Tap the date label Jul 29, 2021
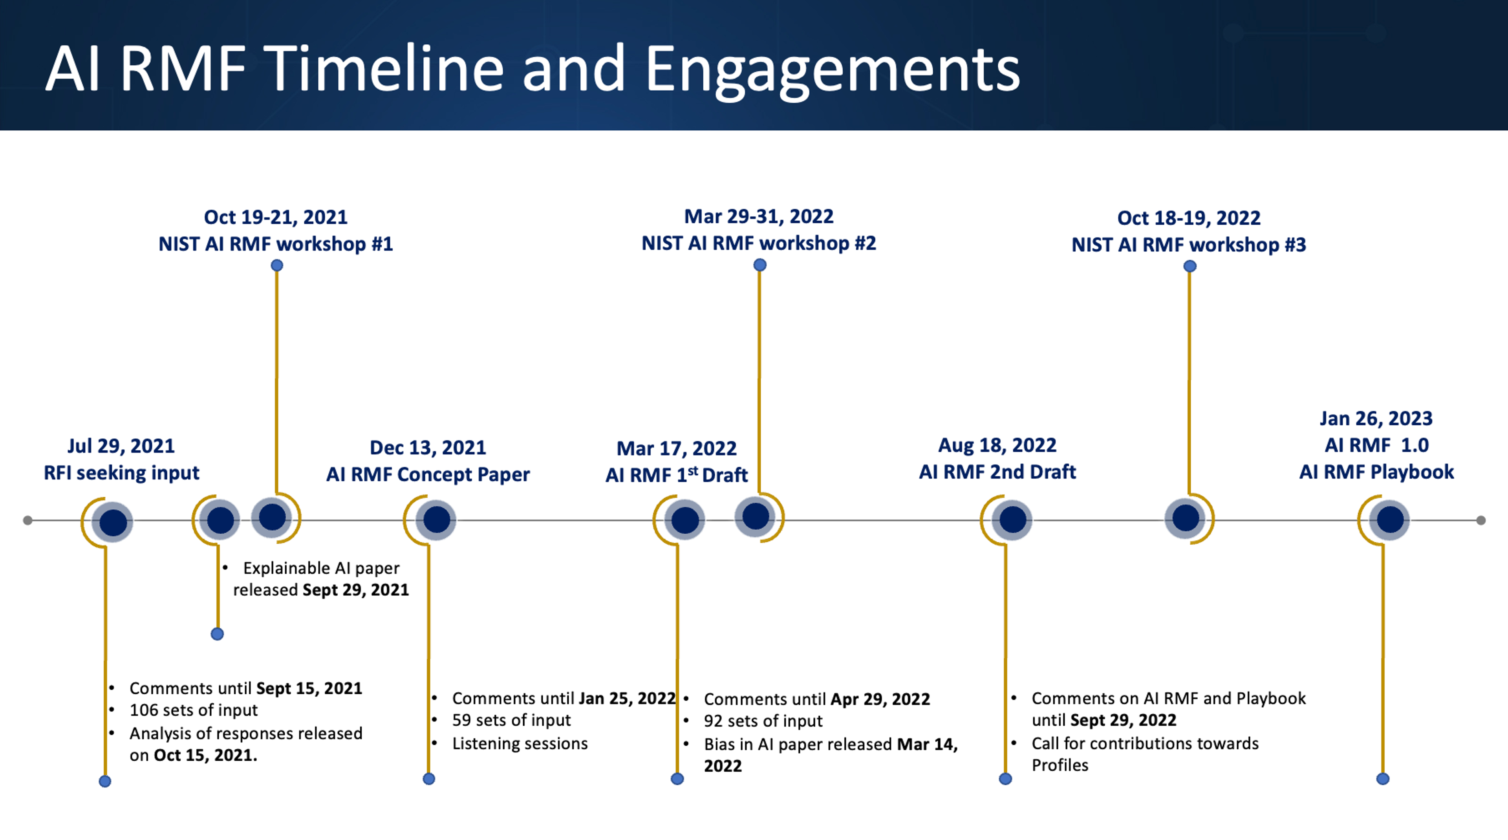point(121,446)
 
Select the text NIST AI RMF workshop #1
point(276,244)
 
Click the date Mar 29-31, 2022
point(759,217)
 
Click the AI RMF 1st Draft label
point(676,475)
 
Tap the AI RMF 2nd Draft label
point(997,472)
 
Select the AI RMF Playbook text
point(1376,472)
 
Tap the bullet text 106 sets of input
point(193,710)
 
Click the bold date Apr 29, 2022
point(880,699)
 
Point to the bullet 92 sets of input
point(763,721)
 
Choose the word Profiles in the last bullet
point(1060,765)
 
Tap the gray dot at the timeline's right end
point(1481,520)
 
